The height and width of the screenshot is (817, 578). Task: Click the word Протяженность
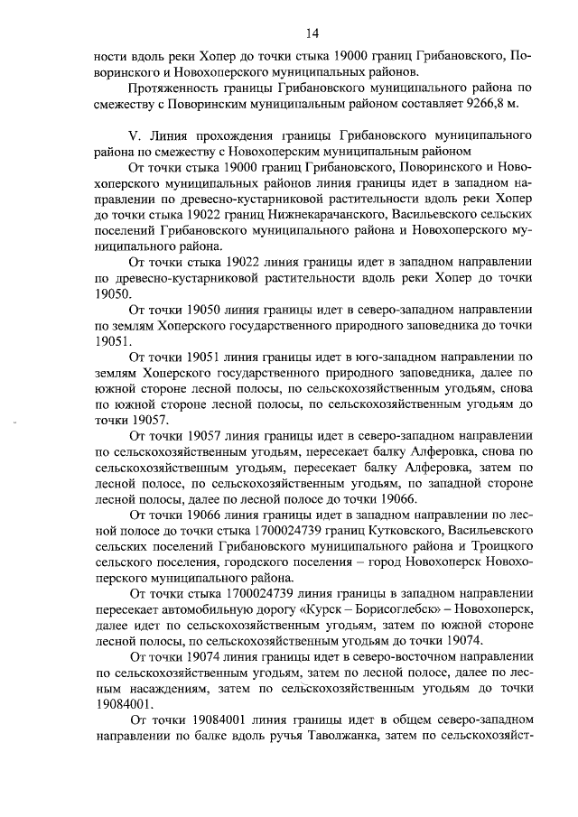(x=176, y=88)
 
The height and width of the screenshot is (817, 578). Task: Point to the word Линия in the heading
(x=175, y=135)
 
